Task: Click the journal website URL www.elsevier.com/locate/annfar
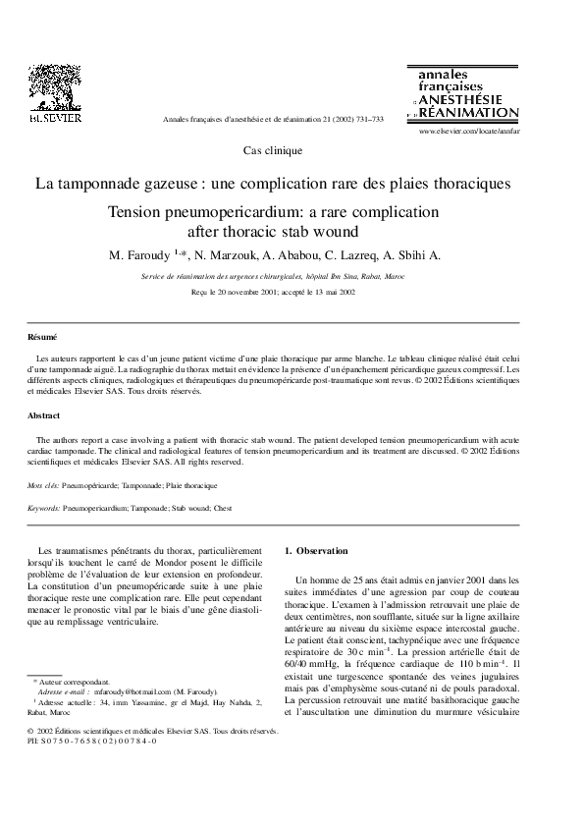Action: [x=469, y=130]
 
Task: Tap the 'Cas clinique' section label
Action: [x=272, y=151]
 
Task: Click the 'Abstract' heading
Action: [x=44, y=415]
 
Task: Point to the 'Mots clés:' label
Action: [x=43, y=485]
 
